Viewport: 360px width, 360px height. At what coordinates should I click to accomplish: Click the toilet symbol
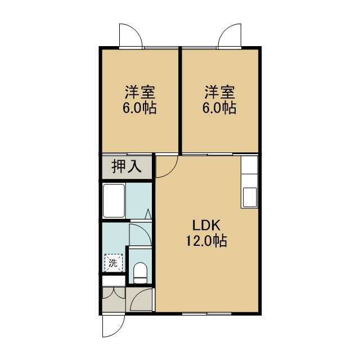(140, 273)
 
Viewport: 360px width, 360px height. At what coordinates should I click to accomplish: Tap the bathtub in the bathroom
(114, 201)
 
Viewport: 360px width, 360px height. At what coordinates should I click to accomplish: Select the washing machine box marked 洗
(114, 263)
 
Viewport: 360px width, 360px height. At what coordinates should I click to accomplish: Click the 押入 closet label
(126, 166)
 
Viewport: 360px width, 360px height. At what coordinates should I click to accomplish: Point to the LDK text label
(206, 226)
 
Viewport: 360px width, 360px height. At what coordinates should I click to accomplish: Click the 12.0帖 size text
(206, 241)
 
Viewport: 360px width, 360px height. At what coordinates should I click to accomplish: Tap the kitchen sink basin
(250, 197)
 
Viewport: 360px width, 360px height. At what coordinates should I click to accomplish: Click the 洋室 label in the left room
(140, 92)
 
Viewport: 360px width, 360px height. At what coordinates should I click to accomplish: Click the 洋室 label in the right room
(220, 92)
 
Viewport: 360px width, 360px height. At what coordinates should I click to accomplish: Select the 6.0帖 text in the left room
(139, 107)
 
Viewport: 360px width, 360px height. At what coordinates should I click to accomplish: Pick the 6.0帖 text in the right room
(219, 107)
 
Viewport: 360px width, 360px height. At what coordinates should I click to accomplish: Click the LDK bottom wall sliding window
(206, 314)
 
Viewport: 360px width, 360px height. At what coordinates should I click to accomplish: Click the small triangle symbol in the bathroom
(148, 214)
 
